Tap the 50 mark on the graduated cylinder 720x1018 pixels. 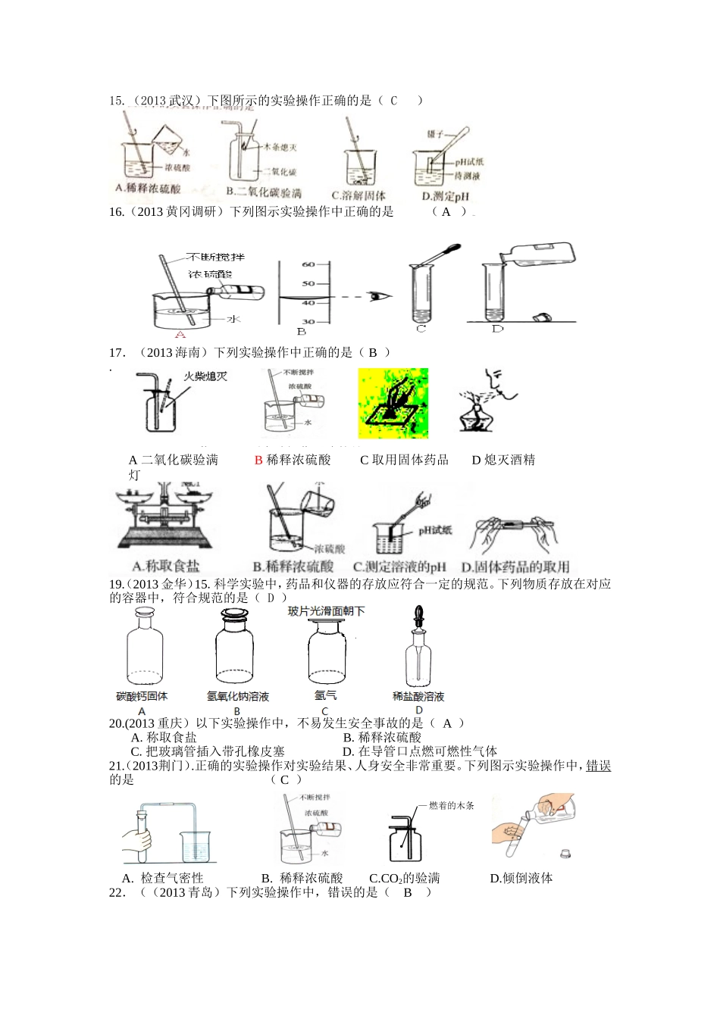point(308,283)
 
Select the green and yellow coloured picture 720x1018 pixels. point(393,403)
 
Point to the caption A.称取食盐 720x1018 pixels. point(166,566)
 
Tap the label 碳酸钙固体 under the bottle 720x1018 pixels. point(142,696)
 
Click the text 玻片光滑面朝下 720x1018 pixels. point(326,611)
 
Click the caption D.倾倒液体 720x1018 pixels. point(521,879)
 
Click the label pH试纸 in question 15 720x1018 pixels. point(469,161)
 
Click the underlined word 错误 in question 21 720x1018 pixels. point(599,766)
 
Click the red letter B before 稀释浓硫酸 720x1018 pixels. point(258,460)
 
